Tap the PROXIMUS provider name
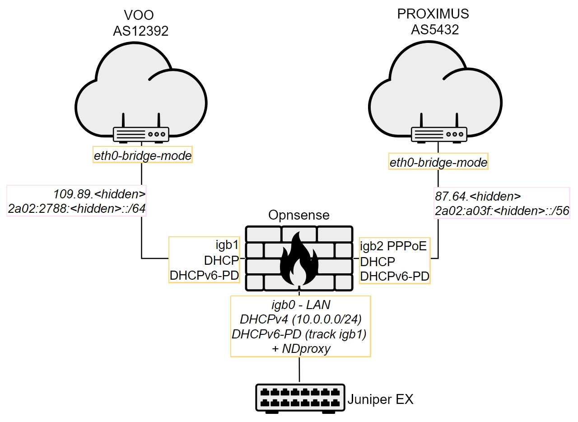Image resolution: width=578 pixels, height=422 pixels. tap(433, 14)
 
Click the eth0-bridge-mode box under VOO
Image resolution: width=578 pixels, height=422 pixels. tap(143, 156)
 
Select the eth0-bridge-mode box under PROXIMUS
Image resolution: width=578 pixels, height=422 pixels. tap(438, 163)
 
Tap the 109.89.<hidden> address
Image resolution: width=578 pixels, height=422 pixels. tap(99, 195)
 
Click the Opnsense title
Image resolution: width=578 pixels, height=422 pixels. tap(298, 216)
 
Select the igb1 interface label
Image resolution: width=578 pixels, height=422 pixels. tap(228, 246)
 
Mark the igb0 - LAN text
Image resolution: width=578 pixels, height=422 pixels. tap(300, 305)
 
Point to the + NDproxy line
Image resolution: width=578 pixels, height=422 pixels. tap(300, 349)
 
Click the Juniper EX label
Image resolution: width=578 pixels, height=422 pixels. tap(380, 399)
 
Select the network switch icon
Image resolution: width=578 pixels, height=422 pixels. tap(299, 398)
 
